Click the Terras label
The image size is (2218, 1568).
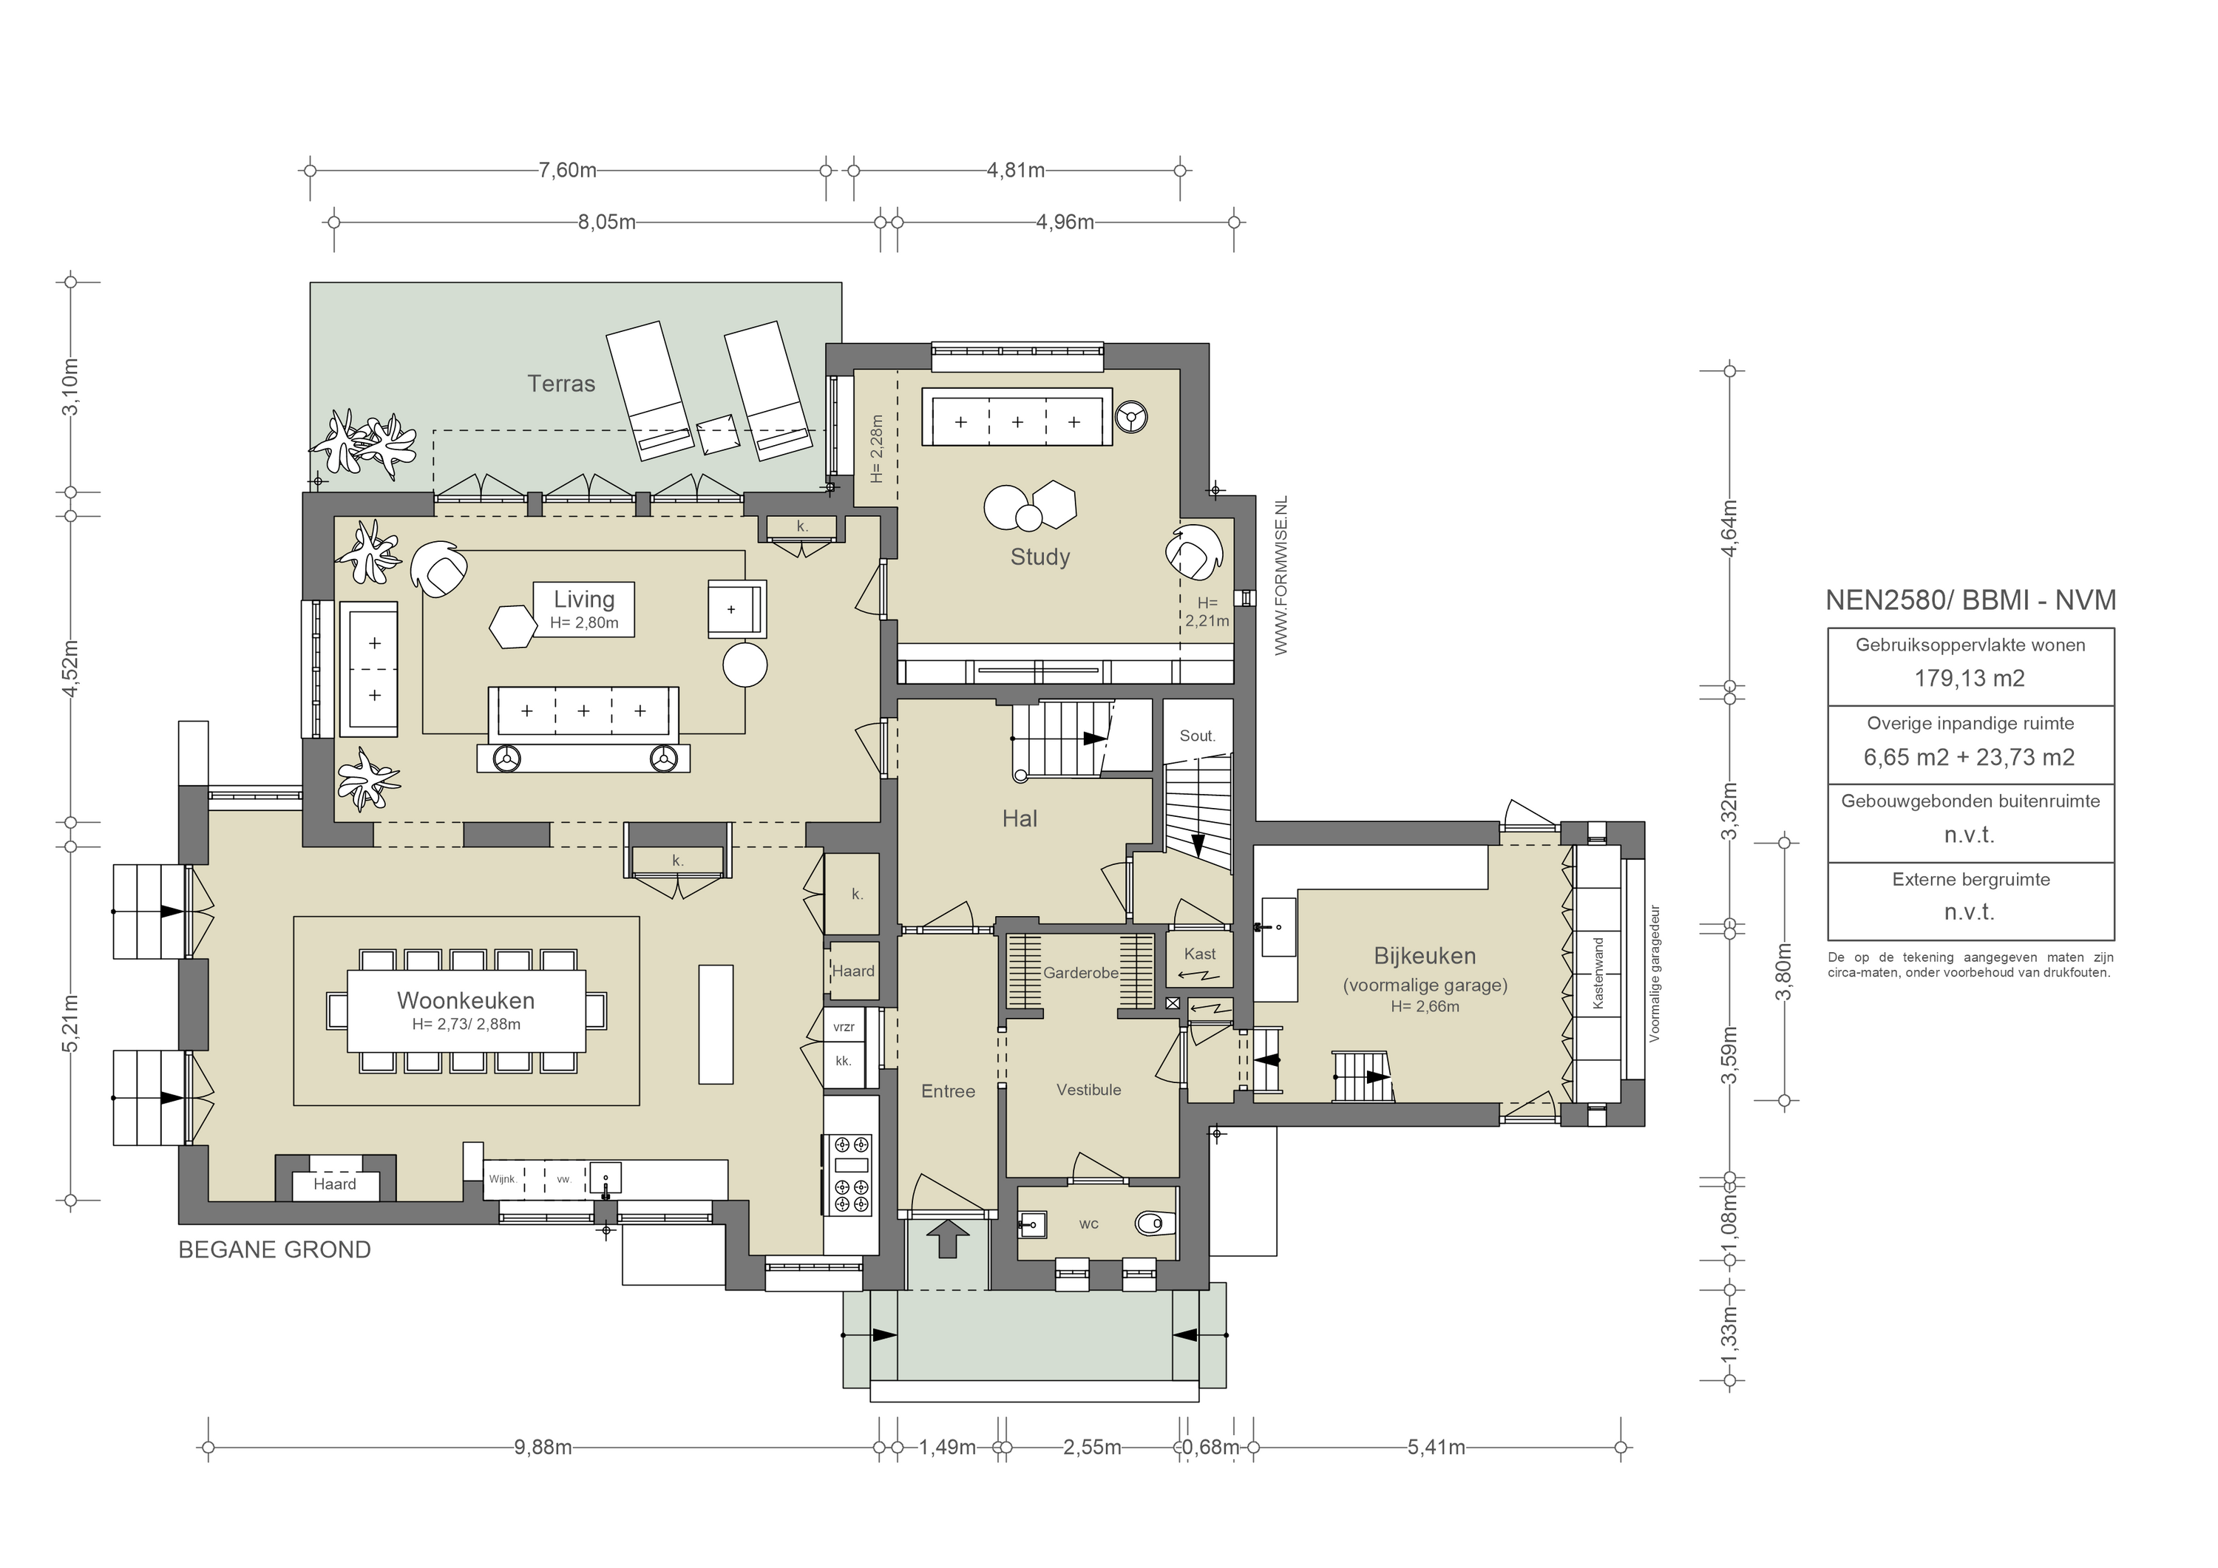pyautogui.click(x=560, y=384)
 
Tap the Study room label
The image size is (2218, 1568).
pyautogui.click(x=1040, y=557)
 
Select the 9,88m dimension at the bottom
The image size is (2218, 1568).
pyautogui.click(x=543, y=1447)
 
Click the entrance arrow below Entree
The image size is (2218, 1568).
pyautogui.click(x=946, y=1238)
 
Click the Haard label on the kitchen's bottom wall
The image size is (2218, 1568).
pyautogui.click(x=334, y=1184)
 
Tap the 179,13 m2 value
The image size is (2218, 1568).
pyautogui.click(x=1969, y=678)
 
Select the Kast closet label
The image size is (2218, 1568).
pyautogui.click(x=1200, y=954)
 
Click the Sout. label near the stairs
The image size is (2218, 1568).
pyautogui.click(x=1197, y=736)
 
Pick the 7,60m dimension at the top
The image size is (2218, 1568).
pyautogui.click(x=567, y=171)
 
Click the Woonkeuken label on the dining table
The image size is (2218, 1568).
pyautogui.click(x=466, y=1001)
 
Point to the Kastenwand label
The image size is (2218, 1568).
pyautogui.click(x=1597, y=973)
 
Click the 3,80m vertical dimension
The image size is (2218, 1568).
pyautogui.click(x=1783, y=972)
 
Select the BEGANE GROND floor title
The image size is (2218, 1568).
pyautogui.click(x=274, y=1249)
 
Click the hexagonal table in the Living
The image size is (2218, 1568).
pyautogui.click(x=512, y=627)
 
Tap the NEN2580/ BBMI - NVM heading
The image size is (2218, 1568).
pyautogui.click(x=1970, y=600)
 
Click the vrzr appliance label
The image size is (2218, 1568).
pyautogui.click(x=844, y=1028)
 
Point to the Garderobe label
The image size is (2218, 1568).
pyautogui.click(x=1080, y=973)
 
